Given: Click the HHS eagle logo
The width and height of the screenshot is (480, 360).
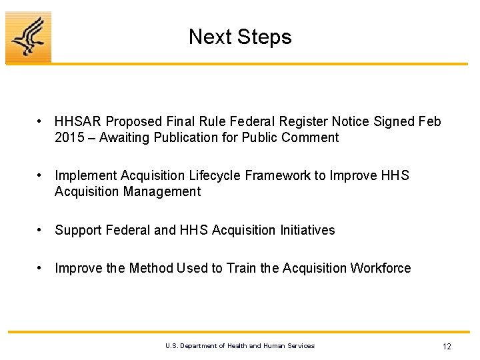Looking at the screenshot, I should pyautogui.click(x=28, y=37).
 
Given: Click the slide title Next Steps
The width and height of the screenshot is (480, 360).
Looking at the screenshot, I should pyautogui.click(x=240, y=37).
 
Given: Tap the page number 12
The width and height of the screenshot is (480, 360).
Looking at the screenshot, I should pyautogui.click(x=447, y=346).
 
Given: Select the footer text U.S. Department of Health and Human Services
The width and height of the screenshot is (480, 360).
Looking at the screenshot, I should pyautogui.click(x=240, y=346).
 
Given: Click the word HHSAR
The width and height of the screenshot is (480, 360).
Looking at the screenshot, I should pyautogui.click(x=78, y=122).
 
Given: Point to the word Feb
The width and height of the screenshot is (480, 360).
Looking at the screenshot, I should pyautogui.click(x=429, y=122).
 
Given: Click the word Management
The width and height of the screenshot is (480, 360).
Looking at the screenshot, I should pyautogui.click(x=162, y=192).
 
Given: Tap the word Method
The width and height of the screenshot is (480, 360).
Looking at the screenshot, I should pyautogui.click(x=151, y=269).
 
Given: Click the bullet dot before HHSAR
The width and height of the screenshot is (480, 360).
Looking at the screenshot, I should pyautogui.click(x=41, y=122).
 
